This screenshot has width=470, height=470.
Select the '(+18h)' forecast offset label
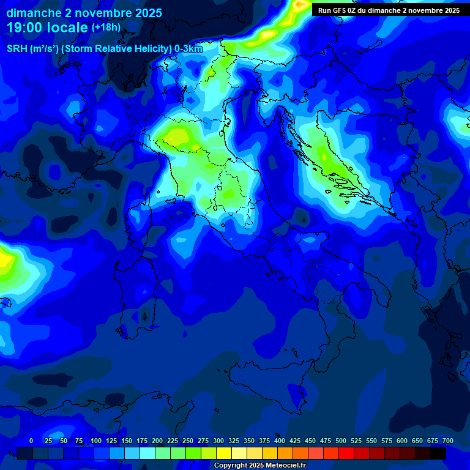pos(106,28)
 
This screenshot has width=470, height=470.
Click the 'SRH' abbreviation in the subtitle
pos(18,49)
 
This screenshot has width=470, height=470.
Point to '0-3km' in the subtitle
pos(188,49)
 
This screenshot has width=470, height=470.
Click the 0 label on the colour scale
pos(31,441)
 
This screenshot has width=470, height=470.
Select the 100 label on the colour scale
pos(96,441)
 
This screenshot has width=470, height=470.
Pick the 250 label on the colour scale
pos(188,441)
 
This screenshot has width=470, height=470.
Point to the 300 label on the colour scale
pos(218,441)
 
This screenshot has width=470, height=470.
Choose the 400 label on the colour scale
pos(280,441)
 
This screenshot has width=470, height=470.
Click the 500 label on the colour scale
pos(341,441)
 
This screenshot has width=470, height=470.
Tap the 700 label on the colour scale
pos(448,441)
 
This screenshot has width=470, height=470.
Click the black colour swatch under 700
pos(438,453)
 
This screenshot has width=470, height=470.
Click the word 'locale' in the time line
pos(67,28)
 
